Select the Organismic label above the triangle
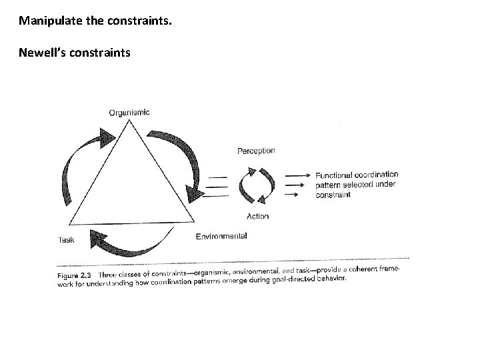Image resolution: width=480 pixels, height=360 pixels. coord(129,113)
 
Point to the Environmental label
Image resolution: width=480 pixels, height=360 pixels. coord(221,236)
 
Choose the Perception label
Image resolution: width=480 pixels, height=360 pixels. coord(256,151)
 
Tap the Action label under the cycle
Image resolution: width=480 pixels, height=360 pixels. coord(257,216)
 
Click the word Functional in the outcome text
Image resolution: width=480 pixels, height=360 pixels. coord(336,175)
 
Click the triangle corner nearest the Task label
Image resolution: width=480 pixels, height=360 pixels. coord(69,225)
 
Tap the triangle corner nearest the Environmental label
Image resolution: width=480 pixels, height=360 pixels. coord(193,223)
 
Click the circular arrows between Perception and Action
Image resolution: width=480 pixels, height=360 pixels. coord(257,183)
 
